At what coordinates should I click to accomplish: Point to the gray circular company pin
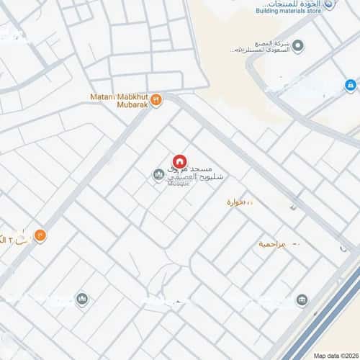298,46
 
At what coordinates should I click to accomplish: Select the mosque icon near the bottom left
82,299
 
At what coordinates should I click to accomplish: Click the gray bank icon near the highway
302,300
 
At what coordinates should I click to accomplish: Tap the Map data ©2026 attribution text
335,355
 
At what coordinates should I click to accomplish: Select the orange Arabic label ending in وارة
238,202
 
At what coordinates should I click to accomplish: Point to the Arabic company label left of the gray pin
259,47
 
